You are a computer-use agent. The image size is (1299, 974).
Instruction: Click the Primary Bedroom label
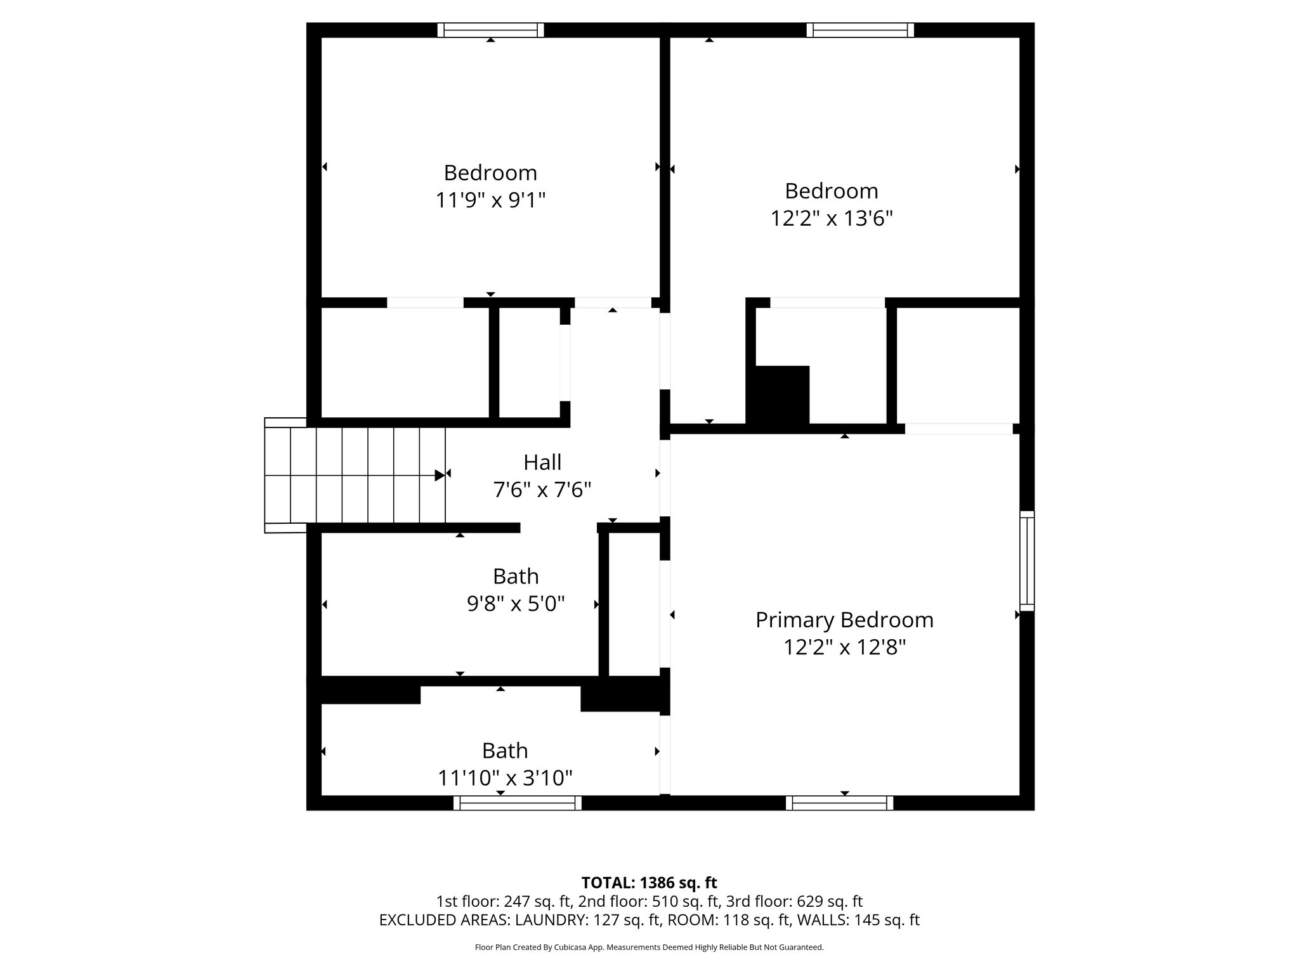point(844,620)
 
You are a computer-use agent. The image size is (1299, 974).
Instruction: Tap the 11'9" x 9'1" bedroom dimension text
point(490,200)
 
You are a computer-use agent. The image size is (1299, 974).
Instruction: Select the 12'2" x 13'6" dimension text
point(831,219)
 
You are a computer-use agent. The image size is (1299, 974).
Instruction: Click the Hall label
point(542,462)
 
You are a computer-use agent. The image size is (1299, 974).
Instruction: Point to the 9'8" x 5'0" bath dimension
point(516,604)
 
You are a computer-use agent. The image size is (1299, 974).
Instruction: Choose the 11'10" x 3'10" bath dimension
point(505,778)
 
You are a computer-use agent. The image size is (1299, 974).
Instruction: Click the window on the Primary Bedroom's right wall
point(1027,561)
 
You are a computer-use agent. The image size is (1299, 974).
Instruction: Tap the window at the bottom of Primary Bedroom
point(839,803)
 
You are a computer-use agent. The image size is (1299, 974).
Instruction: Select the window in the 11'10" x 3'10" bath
point(517,803)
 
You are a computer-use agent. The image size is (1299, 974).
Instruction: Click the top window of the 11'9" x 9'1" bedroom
point(490,30)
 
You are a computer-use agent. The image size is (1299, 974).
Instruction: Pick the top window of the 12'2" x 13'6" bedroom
point(860,30)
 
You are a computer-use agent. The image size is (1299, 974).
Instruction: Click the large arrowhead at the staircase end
point(439,475)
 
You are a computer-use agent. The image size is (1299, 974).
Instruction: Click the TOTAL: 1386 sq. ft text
point(649,883)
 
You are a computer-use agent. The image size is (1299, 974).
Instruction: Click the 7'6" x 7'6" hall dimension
point(542,490)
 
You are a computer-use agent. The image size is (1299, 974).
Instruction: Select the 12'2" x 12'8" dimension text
point(844,647)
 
